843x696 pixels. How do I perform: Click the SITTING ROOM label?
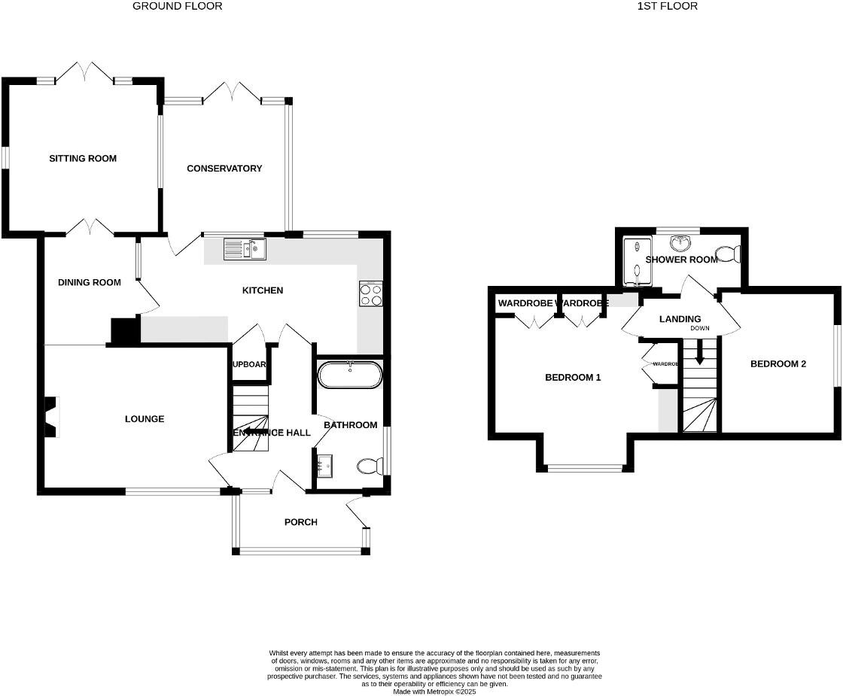click(x=83, y=158)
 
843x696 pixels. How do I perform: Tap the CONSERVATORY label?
click(x=224, y=169)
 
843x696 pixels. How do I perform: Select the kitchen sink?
click(x=244, y=248)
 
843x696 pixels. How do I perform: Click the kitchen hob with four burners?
click(x=371, y=293)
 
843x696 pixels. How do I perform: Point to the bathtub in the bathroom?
click(x=350, y=375)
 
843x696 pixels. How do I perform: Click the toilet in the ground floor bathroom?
click(x=368, y=467)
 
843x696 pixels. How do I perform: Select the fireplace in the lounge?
click(x=50, y=417)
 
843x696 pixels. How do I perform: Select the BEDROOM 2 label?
click(x=778, y=364)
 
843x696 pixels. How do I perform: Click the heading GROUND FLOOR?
click(x=178, y=6)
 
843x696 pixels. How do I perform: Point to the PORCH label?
click(x=300, y=522)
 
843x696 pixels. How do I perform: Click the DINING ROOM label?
click(x=90, y=283)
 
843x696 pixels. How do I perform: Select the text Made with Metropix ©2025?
click(x=435, y=691)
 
